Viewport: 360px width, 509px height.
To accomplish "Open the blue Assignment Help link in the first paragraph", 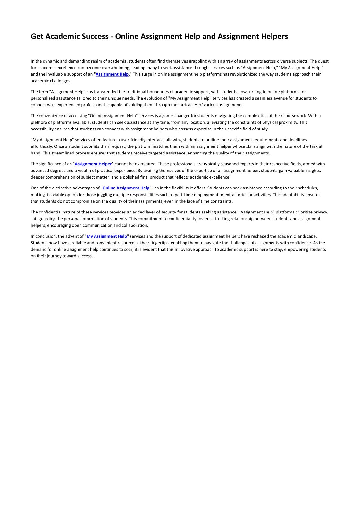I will (112, 74).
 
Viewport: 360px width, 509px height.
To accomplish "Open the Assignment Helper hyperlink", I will (93, 164).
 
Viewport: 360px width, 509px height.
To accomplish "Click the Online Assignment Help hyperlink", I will (126, 188).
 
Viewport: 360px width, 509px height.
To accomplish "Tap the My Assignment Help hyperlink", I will (107, 236).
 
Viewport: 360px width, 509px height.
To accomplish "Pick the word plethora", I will (39, 122).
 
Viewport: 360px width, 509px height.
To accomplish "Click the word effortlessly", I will (41, 146).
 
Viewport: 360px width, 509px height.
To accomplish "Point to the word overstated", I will (145, 164).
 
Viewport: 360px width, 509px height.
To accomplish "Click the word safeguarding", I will (43, 219).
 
